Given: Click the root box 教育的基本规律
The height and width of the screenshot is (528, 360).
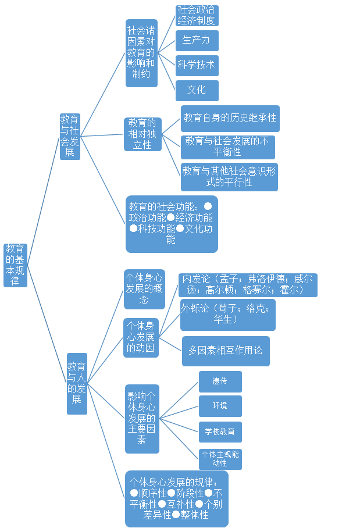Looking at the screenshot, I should tap(15, 265).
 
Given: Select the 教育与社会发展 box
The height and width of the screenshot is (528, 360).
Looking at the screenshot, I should tap(70, 136).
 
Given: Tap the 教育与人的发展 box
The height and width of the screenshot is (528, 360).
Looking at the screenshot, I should tap(77, 383).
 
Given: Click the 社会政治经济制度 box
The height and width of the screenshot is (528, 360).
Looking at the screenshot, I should tap(197, 16).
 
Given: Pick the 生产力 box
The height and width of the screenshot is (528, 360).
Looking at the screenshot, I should tap(197, 40).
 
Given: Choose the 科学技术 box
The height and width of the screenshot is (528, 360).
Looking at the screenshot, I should tap(197, 65).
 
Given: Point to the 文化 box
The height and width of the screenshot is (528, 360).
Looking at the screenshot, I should tap(197, 90).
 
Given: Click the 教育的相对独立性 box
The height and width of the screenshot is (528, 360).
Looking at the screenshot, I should tap(142, 134).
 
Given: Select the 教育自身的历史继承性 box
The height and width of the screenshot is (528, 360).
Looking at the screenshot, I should tap(230, 118).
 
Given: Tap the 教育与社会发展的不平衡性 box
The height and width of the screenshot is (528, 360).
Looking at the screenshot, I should tap(227, 147).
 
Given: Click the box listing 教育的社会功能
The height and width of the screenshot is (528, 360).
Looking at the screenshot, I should tap(172, 224).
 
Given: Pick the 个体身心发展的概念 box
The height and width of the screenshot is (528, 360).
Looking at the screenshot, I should tap(144, 289).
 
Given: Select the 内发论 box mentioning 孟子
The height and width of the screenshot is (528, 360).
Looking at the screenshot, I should tap(249, 285).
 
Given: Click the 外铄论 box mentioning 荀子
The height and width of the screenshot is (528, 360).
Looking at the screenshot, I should tap(227, 315).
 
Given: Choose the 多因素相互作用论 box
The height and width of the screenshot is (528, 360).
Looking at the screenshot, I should tap(226, 351).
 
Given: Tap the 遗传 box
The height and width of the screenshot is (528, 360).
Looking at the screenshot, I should tap(220, 381).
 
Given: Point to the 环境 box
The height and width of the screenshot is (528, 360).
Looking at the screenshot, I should tap(220, 406).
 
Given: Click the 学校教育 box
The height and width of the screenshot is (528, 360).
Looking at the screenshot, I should tap(220, 431).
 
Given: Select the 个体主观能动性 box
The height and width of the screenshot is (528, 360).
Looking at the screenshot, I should tap(220, 459).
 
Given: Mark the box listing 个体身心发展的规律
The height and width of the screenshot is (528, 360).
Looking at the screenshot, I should tap(177, 498).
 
